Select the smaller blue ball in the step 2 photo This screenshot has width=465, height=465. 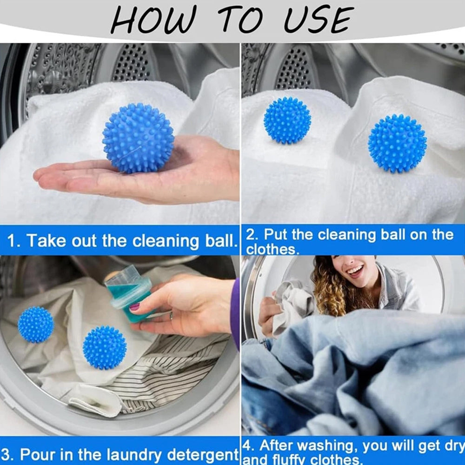click(287, 120)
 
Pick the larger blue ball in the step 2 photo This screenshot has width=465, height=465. click(397, 143)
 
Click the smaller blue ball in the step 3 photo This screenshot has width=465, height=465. click(36, 324)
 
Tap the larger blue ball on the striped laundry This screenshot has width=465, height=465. click(104, 348)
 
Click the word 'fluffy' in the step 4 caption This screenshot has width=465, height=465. click(298, 460)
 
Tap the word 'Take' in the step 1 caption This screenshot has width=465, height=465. click(44, 241)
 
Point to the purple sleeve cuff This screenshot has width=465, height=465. click(235, 312)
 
